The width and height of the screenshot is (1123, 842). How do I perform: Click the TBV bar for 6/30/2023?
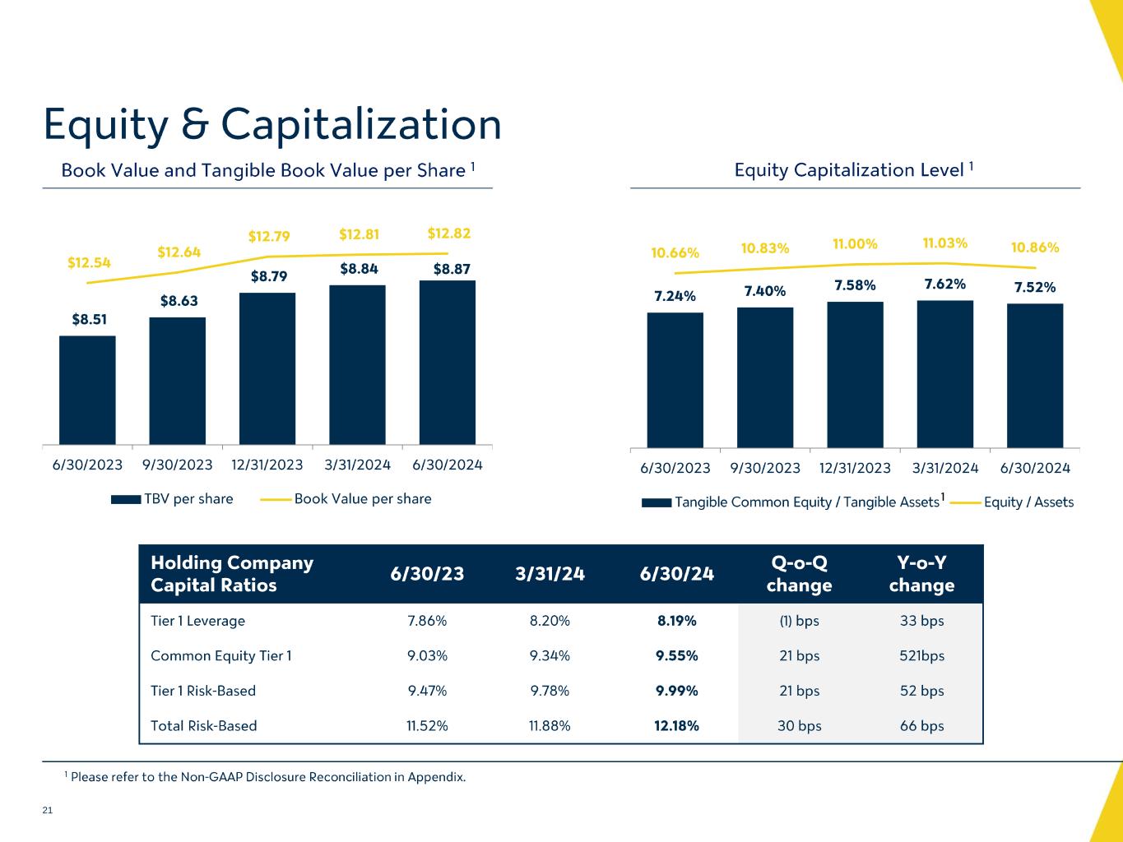(87, 390)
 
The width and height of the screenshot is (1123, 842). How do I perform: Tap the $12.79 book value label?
(269, 237)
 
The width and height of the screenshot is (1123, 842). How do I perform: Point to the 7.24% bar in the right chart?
(675, 379)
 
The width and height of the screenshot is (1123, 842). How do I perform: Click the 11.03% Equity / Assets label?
(944, 243)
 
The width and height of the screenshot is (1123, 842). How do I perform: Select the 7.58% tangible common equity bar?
(855, 374)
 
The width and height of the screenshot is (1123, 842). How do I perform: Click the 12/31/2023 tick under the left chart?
(267, 465)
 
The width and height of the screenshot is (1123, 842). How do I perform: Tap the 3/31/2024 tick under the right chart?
(945, 468)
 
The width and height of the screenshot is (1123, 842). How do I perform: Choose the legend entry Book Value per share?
(362, 499)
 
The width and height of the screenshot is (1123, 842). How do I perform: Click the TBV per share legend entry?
(188, 499)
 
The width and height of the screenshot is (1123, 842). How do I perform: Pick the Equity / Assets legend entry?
(1028, 502)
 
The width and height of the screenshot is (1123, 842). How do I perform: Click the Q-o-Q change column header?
(799, 574)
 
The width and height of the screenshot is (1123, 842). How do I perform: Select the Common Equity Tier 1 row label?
(221, 655)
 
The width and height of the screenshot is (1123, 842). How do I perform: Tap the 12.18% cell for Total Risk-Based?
(677, 725)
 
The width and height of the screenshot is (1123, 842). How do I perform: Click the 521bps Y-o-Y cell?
(921, 655)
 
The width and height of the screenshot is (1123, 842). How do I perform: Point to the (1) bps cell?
(799, 621)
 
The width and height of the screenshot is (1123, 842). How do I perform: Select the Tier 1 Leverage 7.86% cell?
(427, 621)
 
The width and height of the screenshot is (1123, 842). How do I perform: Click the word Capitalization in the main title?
(361, 126)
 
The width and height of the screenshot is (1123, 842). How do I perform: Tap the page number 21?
(47, 811)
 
